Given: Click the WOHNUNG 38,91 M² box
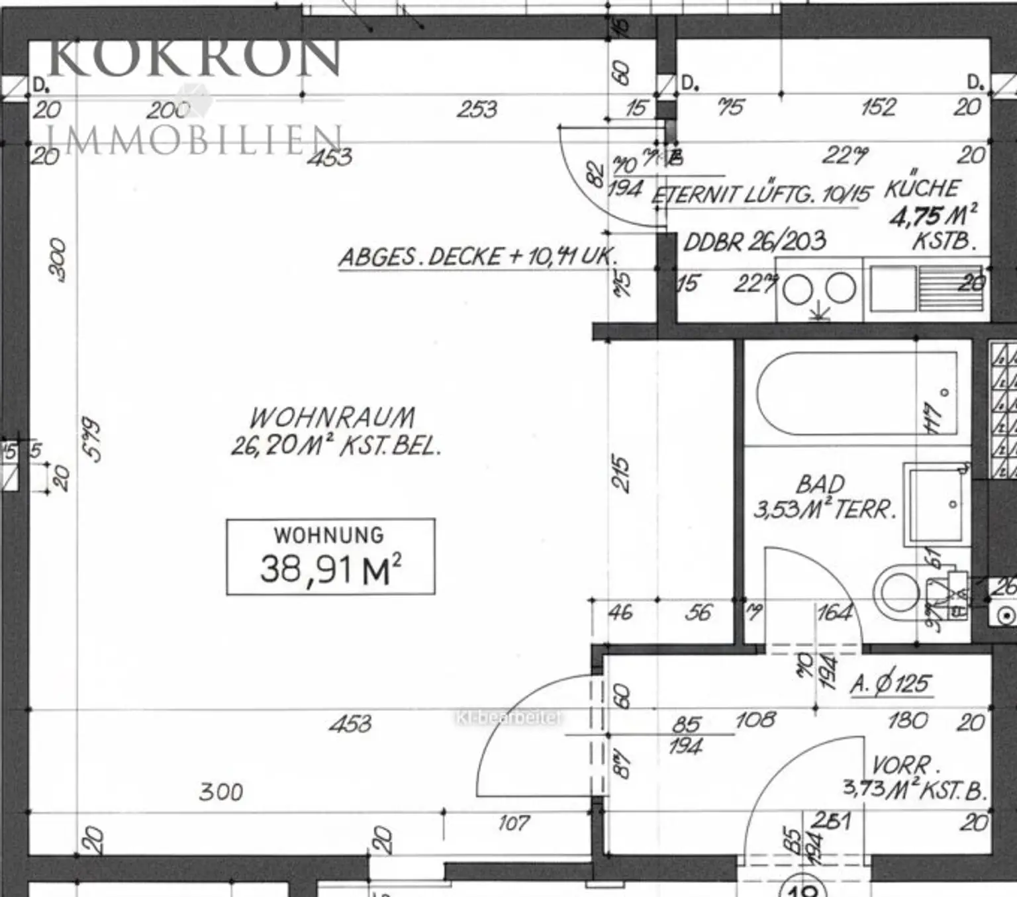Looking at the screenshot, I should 330,557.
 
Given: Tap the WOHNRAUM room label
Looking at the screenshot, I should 333,418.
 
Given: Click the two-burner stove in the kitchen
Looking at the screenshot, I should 819,290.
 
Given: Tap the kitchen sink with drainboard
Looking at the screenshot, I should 926,289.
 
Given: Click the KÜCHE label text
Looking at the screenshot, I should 922,189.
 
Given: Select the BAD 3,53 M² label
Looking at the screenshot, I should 824,496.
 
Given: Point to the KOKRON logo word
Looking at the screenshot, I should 195,58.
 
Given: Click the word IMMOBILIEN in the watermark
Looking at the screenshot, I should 195,140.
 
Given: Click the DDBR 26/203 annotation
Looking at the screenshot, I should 754,242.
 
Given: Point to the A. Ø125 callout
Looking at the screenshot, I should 891,684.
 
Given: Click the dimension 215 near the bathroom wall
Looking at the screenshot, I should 620,473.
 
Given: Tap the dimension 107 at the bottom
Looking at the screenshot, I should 514,824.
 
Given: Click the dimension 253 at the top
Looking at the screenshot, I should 477,109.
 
